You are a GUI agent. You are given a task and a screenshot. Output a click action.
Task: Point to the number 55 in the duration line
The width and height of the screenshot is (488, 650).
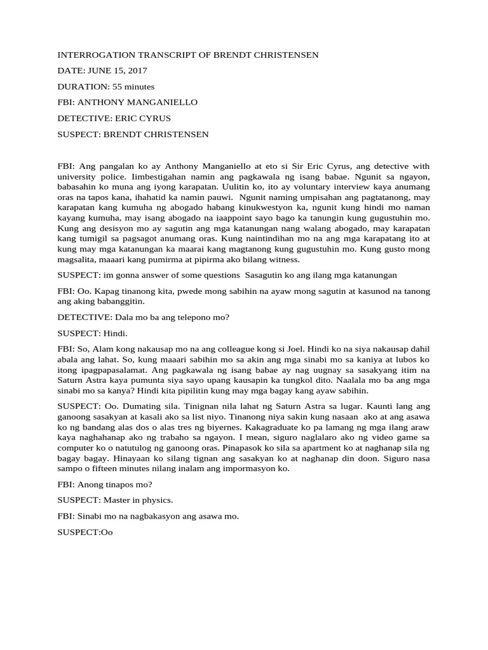118,87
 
